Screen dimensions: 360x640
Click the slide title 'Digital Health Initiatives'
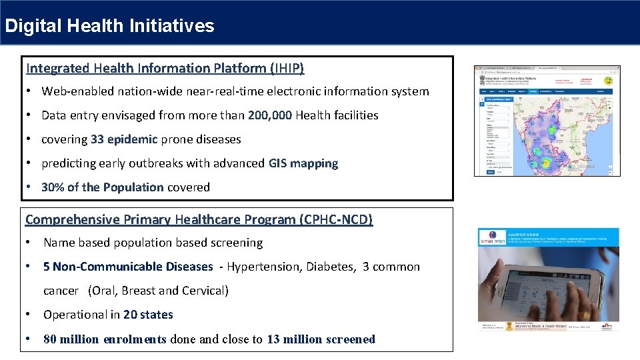tap(109, 26)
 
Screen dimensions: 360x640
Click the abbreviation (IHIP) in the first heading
tap(287, 68)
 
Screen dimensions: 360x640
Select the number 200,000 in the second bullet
tap(269, 115)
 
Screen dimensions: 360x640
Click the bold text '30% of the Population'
tap(102, 187)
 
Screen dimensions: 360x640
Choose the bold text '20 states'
tap(148, 315)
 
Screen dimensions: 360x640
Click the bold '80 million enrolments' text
tap(105, 339)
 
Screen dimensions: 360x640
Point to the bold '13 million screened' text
tap(321, 339)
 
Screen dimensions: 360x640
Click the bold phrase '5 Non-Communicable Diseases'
tap(128, 267)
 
